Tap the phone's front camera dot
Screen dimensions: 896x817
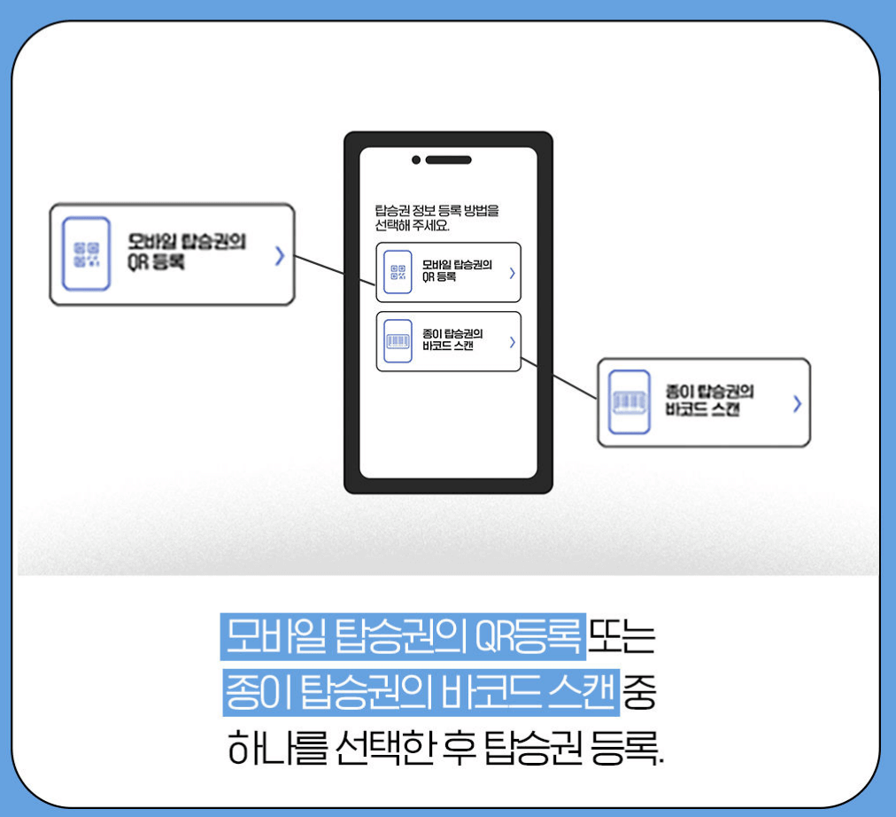[416, 160]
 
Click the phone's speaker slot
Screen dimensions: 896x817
[448, 160]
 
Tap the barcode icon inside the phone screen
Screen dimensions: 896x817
[398, 341]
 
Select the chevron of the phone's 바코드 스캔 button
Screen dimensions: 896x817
[512, 341]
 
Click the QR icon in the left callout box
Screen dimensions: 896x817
[87, 254]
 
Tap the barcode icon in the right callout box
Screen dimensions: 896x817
[630, 402]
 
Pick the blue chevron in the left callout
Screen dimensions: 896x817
[279, 256]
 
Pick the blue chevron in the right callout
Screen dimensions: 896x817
[797, 404]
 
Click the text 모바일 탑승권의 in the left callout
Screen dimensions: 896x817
[186, 242]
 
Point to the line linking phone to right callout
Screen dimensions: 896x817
[560, 378]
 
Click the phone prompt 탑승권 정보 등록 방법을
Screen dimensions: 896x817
[437, 211]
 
